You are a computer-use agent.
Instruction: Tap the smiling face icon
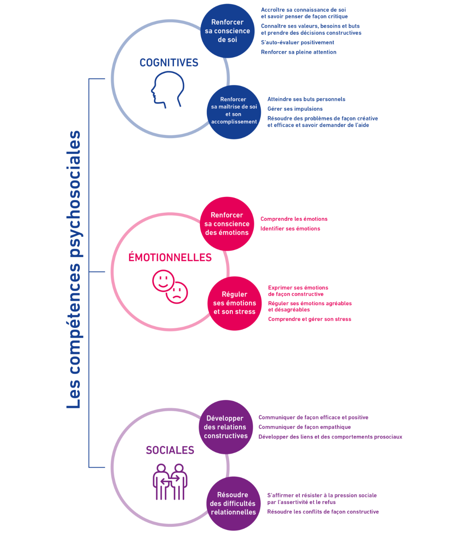[x=163, y=280]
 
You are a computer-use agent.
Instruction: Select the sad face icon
[x=177, y=293]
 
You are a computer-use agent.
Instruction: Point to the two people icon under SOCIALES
[x=170, y=482]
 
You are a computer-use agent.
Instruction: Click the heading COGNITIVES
[x=169, y=63]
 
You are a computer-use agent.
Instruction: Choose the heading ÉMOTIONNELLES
[x=170, y=257]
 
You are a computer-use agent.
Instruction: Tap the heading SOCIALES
[x=170, y=450]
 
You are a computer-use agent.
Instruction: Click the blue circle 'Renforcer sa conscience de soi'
[x=227, y=31]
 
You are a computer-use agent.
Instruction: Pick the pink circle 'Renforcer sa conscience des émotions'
[x=227, y=224]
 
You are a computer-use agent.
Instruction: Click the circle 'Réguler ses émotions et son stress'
[x=234, y=303]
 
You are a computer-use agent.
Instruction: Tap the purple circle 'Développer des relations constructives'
[x=226, y=427]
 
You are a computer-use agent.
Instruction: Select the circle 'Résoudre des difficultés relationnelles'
[x=233, y=503]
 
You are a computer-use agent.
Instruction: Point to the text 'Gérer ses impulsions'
[x=295, y=109]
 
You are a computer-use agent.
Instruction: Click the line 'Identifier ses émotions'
[x=290, y=229]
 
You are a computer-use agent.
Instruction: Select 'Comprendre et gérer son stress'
[x=309, y=319]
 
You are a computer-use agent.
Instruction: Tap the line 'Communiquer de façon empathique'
[x=305, y=427]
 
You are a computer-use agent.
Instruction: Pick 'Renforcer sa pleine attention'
[x=299, y=52]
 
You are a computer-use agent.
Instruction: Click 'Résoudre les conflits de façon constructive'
[x=323, y=512]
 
